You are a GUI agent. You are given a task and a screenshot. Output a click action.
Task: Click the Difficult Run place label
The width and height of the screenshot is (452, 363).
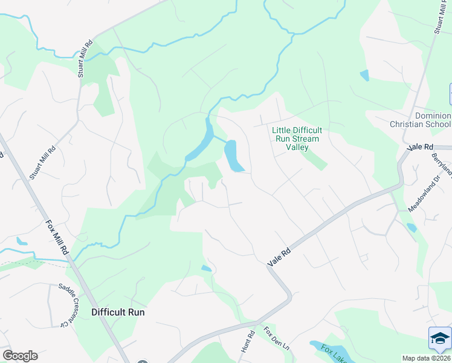point(118,312)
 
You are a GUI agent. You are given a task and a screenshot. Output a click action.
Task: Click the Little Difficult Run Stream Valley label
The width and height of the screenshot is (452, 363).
point(297,139)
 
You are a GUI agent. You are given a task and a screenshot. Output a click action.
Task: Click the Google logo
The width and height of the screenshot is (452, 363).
point(20,356)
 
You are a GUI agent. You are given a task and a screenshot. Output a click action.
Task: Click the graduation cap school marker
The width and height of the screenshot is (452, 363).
point(439,338)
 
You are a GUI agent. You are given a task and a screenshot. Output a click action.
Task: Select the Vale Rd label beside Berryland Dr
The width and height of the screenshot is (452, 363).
point(421,147)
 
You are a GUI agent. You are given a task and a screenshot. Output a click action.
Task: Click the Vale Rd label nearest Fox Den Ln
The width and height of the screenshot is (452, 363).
point(279,257)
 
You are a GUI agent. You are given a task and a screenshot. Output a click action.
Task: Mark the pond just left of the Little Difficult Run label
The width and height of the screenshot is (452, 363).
point(233,156)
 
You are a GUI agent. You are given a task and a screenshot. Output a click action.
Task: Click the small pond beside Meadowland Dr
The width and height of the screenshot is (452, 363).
point(412,227)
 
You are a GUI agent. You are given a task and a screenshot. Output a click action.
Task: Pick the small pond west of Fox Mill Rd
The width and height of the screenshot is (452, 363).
point(22,241)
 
